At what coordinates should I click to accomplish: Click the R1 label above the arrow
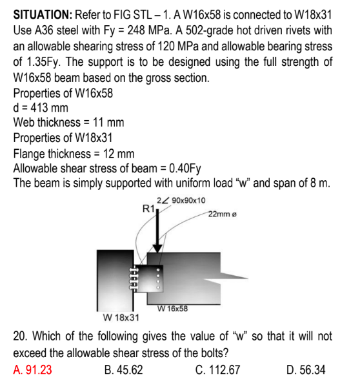148,208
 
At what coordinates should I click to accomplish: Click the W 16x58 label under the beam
172,308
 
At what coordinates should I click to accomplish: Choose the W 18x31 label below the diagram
121,318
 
